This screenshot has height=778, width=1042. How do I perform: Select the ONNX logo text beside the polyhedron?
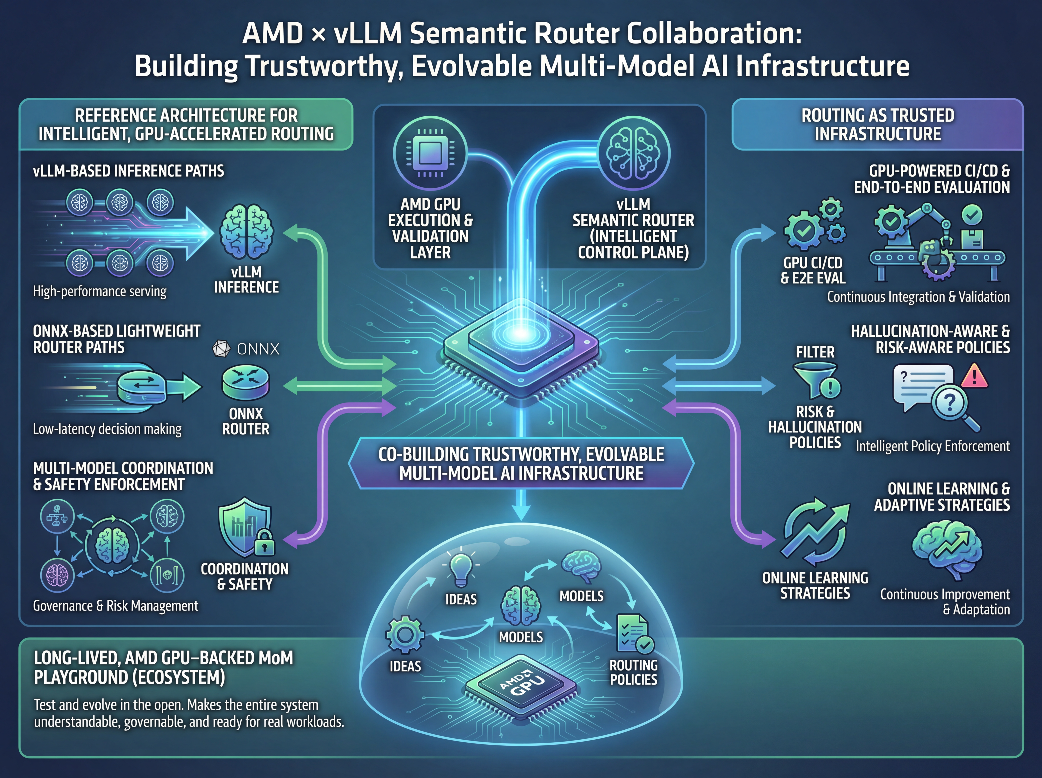tap(258, 349)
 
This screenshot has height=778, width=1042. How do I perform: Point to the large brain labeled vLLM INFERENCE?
tap(246, 232)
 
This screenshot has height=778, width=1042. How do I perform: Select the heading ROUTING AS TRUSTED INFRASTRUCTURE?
tap(878, 124)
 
